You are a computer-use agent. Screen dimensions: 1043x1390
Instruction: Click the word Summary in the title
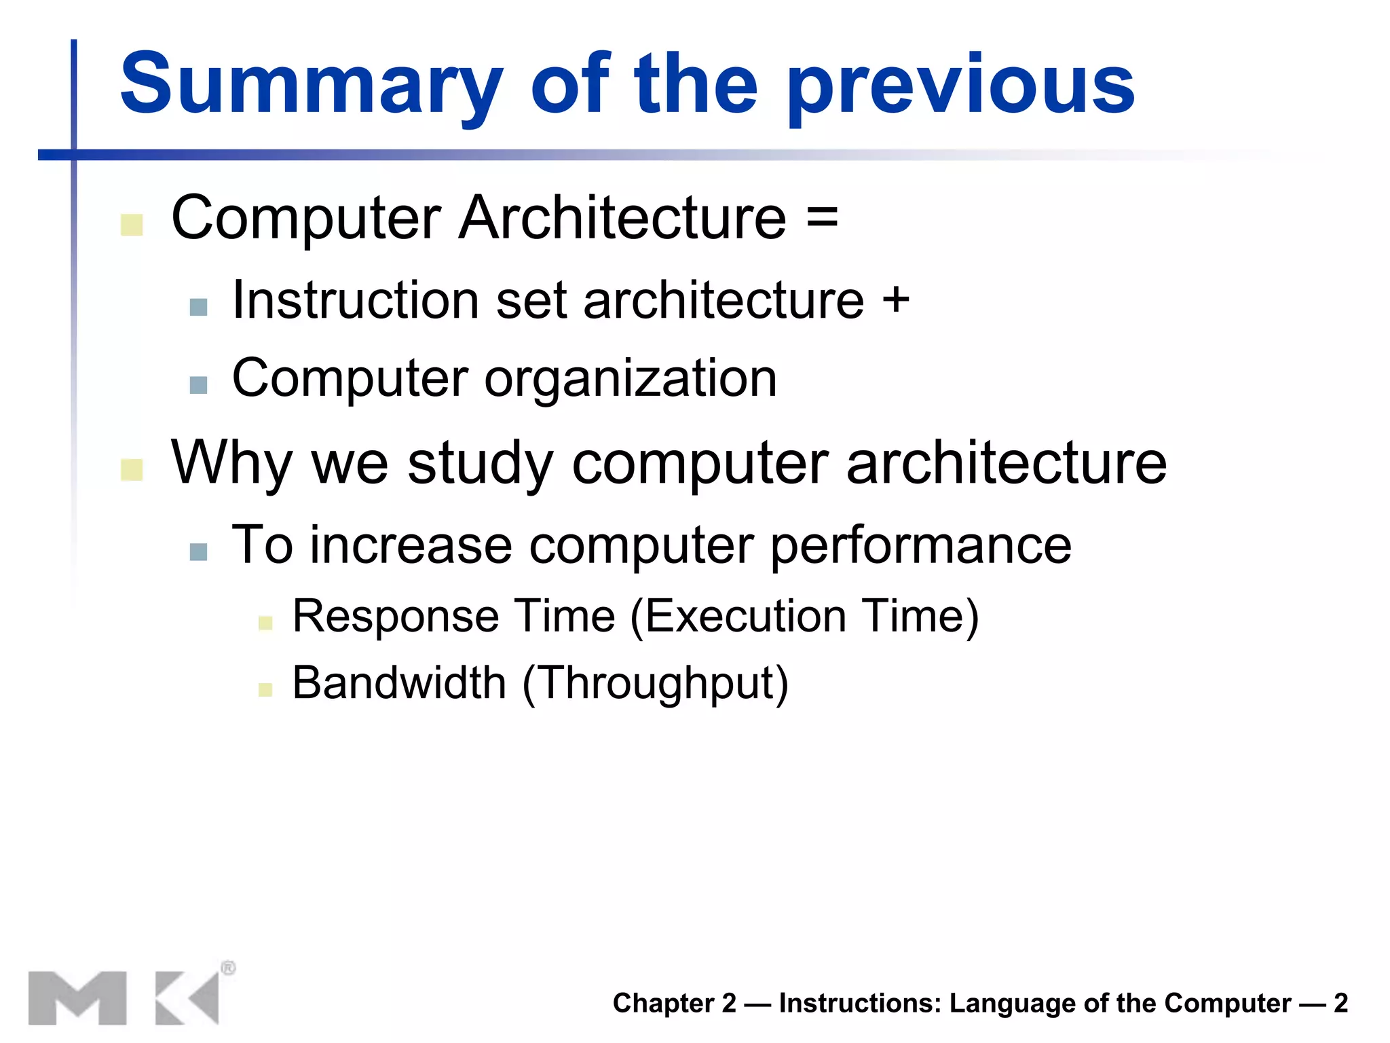pyautogui.click(x=311, y=85)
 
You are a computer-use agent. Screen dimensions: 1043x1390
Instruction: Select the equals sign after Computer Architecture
pyautogui.click(x=823, y=219)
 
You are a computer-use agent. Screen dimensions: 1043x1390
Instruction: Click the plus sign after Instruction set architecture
pyautogui.click(x=896, y=299)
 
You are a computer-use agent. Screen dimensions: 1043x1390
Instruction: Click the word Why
pyautogui.click(x=231, y=463)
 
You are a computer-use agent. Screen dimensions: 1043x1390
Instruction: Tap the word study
pyautogui.click(x=481, y=463)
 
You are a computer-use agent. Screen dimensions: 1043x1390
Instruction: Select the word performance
pyautogui.click(x=921, y=545)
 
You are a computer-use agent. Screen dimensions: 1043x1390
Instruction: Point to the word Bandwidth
pyautogui.click(x=399, y=682)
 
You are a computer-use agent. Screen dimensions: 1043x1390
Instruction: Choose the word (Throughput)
pyautogui.click(x=655, y=682)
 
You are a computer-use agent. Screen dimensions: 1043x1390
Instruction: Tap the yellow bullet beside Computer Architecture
pyautogui.click(x=132, y=225)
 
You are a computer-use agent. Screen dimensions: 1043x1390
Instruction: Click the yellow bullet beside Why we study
pyautogui.click(x=132, y=469)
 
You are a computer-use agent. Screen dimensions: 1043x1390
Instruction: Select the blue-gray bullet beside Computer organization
pyautogui.click(x=198, y=385)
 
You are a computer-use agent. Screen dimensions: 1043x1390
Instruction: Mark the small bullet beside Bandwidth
pyautogui.click(x=265, y=690)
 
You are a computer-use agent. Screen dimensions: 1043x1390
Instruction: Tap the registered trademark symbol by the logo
pyautogui.click(x=228, y=968)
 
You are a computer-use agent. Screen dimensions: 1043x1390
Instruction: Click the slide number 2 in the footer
pyautogui.click(x=1340, y=1003)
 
